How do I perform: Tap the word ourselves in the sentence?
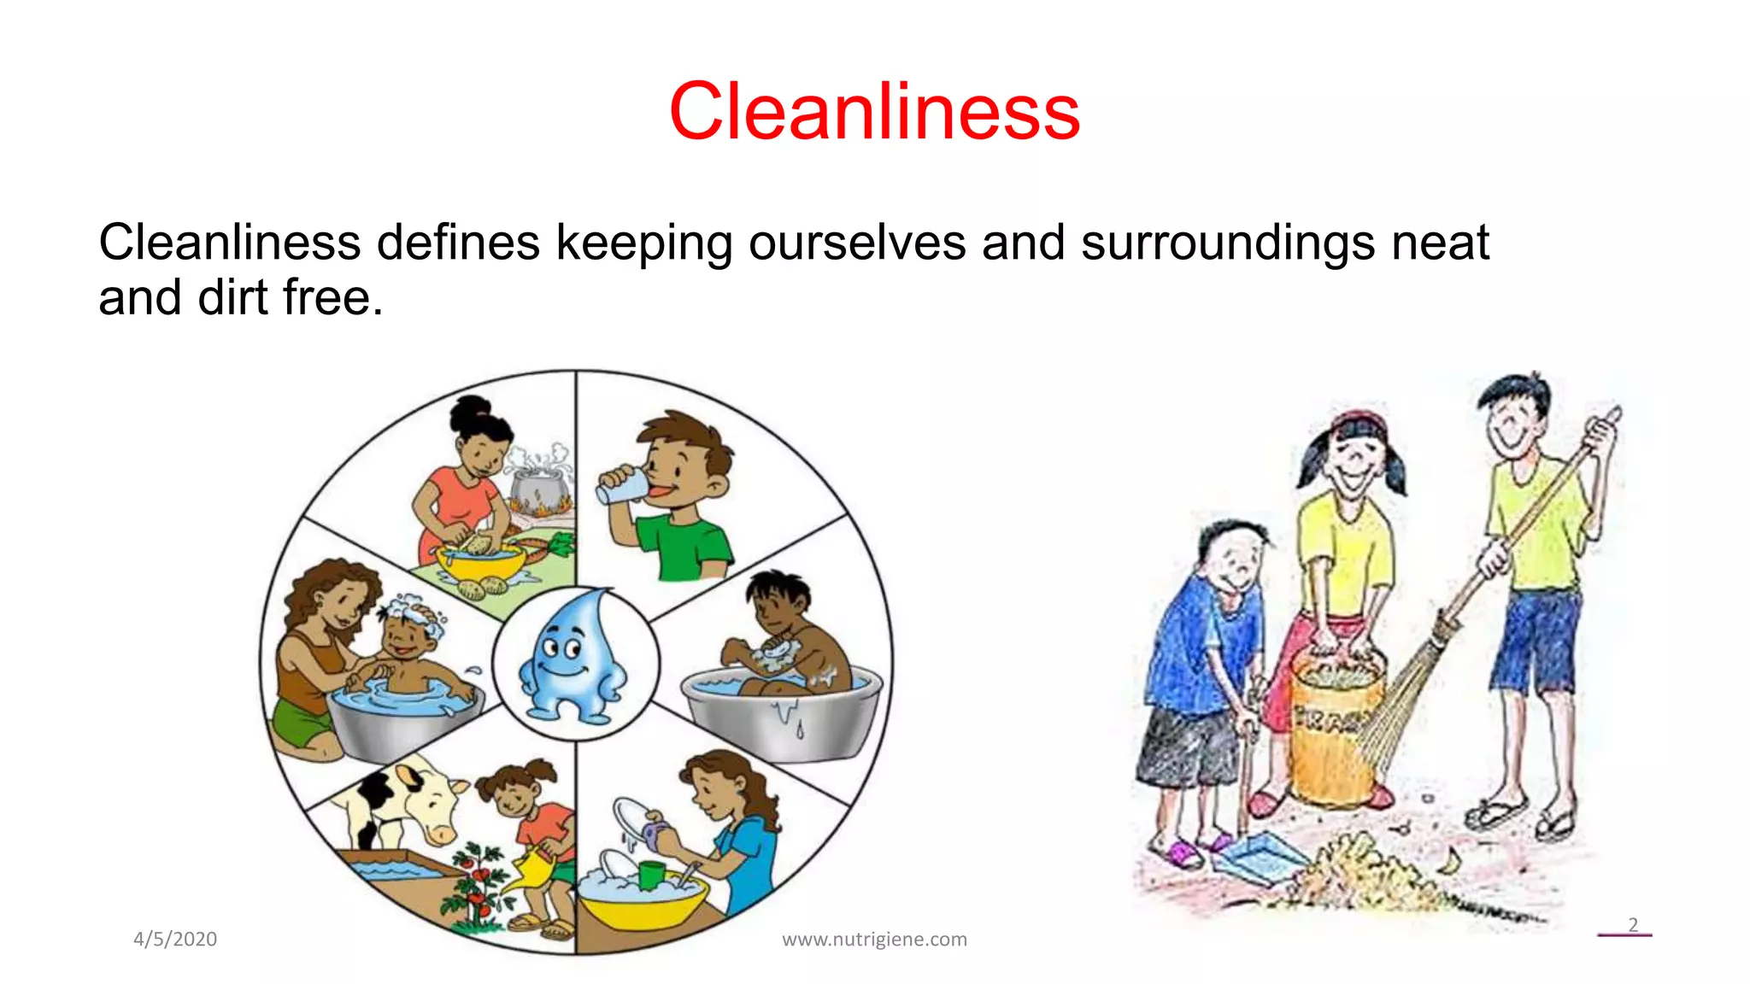pos(857,243)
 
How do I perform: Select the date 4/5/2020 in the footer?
pos(175,939)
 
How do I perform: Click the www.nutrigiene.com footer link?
pos(874,940)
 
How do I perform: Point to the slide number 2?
pos(1632,925)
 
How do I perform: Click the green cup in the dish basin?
pos(650,875)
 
